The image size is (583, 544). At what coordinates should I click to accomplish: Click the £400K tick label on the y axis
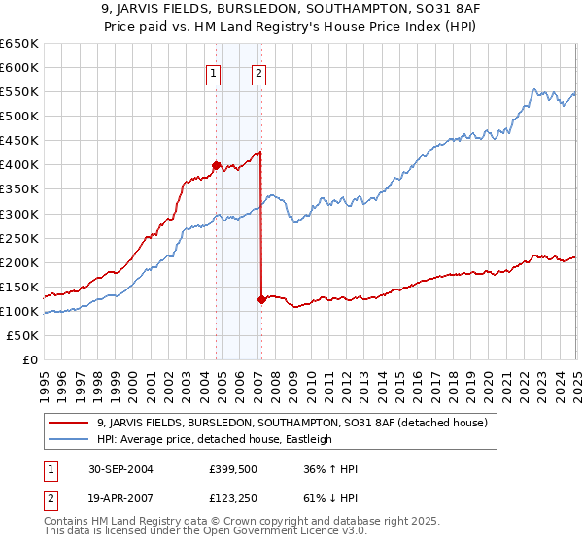18,164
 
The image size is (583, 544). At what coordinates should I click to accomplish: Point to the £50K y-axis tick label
22,335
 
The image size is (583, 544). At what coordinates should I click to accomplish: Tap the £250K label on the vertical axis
18,238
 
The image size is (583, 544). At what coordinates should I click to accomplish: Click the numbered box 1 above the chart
213,71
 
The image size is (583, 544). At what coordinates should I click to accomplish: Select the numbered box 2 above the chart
259,71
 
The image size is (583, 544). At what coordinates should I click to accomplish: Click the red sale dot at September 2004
216,164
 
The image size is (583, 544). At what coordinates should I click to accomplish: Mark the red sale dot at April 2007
261,299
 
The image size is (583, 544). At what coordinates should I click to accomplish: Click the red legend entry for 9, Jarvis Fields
296,422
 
